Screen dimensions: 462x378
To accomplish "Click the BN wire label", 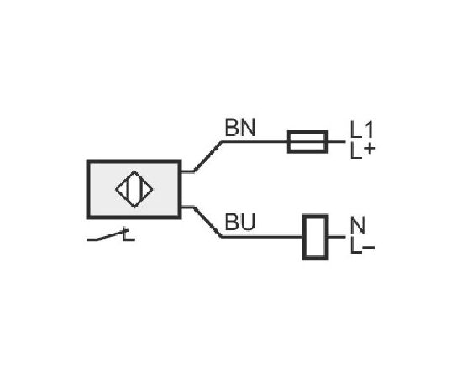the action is click(x=240, y=128).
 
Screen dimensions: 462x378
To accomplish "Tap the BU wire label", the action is click(x=240, y=222).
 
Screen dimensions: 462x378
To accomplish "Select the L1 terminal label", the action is click(x=361, y=129).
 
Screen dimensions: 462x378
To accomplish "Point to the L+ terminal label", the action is click(x=363, y=151).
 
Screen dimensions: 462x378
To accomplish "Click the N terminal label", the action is click(x=358, y=224).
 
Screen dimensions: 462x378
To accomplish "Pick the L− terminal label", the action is click(x=362, y=246).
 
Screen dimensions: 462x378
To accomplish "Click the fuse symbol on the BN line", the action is click(x=307, y=142).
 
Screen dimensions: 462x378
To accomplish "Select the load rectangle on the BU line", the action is click(x=315, y=237).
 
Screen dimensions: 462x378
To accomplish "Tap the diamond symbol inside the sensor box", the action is click(x=134, y=189).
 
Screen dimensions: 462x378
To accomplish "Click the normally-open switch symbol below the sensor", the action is click(x=111, y=235).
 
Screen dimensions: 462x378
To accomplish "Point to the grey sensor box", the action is click(x=134, y=190).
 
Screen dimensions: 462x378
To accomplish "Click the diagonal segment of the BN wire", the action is click(x=208, y=156).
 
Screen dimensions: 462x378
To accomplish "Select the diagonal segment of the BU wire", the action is click(x=207, y=222).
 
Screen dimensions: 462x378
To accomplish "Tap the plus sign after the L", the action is click(x=370, y=149).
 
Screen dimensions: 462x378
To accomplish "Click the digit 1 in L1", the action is click(x=369, y=129).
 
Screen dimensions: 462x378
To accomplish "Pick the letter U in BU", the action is click(x=248, y=222).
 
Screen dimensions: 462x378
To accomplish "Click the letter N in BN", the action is click(x=249, y=128).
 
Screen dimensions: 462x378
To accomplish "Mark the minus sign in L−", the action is click(x=369, y=247).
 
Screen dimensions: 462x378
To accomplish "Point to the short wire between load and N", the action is click(x=336, y=237).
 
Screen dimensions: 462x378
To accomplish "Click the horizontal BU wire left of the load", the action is click(x=263, y=237).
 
